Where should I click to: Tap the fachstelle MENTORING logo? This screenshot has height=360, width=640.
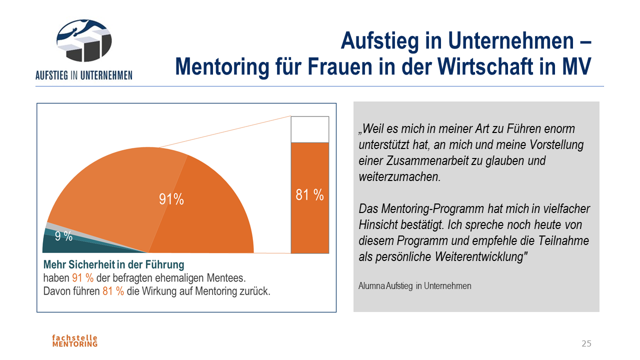75,340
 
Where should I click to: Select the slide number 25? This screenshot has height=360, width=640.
586,343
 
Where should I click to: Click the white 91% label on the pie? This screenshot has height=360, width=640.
171,199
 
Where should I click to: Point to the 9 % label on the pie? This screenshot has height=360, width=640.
63,236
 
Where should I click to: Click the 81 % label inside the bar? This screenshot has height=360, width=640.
309,195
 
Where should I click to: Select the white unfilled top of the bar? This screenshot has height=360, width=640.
310,129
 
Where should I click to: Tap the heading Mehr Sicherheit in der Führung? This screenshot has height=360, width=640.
113,264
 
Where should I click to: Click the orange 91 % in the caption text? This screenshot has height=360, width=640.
83,278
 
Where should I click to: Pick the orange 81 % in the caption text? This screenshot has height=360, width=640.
113,291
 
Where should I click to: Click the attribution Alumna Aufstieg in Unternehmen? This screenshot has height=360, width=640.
414,286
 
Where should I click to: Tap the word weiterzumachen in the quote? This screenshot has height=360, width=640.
399,177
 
